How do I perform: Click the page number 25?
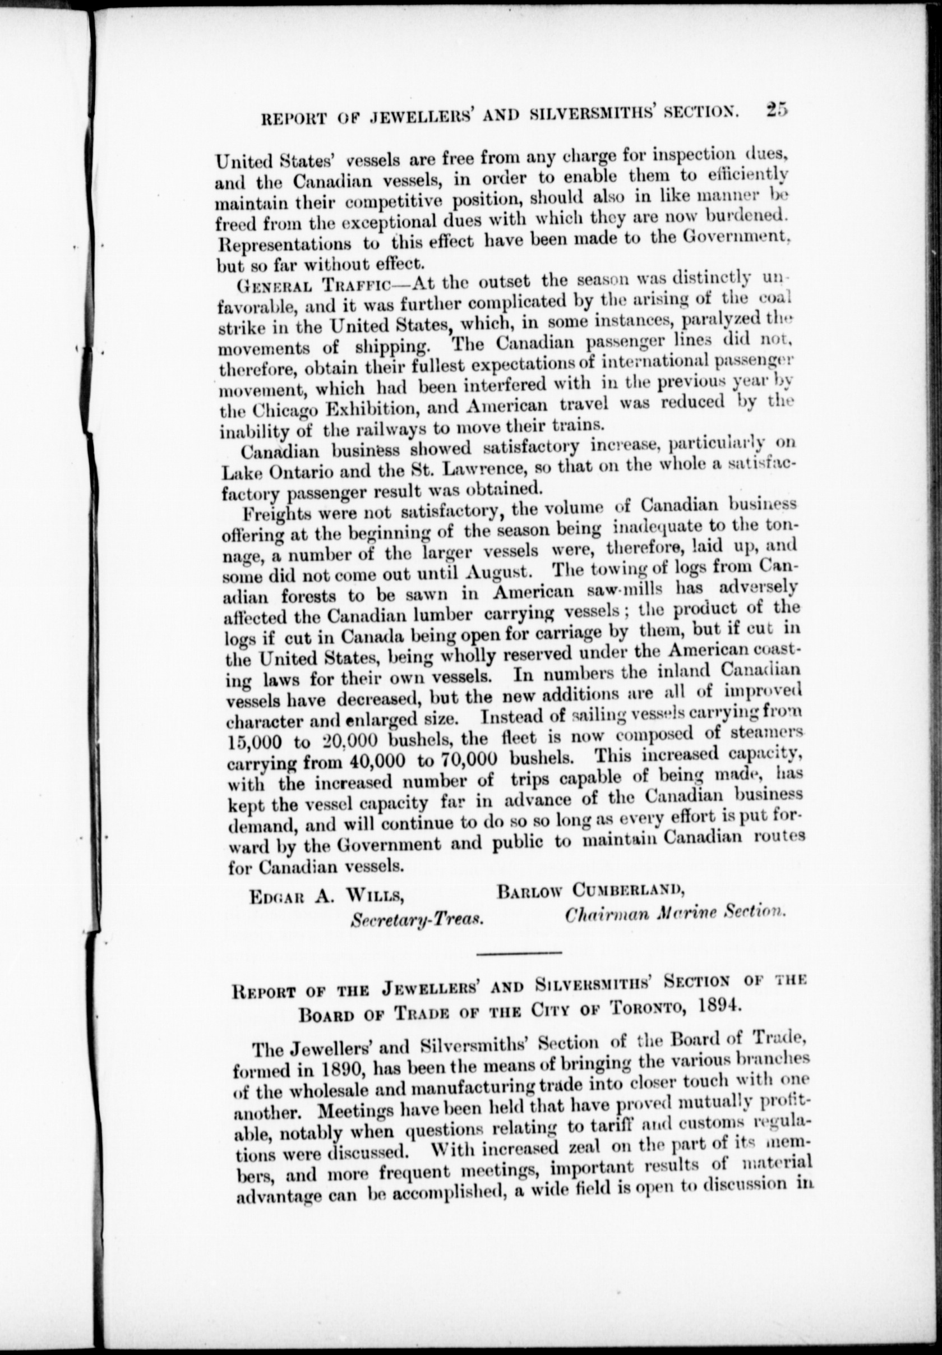click(777, 111)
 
